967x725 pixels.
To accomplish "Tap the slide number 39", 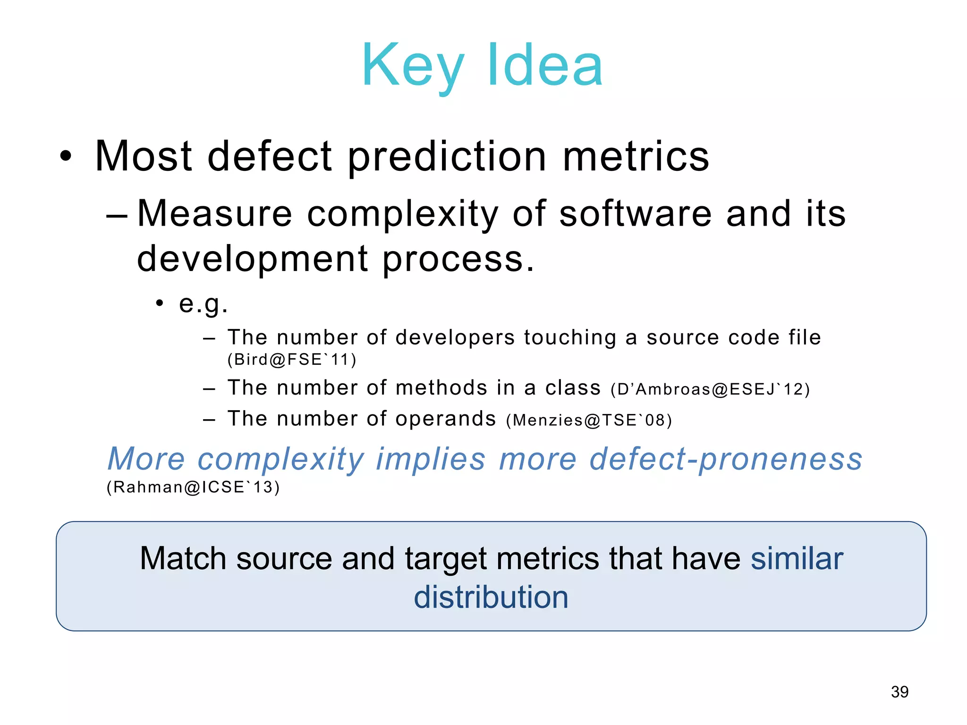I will click(x=899, y=692).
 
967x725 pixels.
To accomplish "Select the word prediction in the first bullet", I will click(x=447, y=157).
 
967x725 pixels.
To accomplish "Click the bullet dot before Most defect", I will click(x=66, y=157).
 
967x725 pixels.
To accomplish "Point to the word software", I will click(x=635, y=214).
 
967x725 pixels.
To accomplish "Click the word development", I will click(x=252, y=259).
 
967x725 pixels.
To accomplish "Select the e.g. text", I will click(x=203, y=303).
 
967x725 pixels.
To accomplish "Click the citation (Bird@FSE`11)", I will click(x=292, y=360).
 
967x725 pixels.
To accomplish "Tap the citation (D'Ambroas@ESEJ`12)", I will click(x=710, y=389).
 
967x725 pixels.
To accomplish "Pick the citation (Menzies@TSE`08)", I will click(x=588, y=420).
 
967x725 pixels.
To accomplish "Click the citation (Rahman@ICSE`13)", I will click(x=193, y=487).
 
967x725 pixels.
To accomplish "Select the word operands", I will click(x=445, y=419).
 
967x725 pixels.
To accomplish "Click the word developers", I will click(x=455, y=337).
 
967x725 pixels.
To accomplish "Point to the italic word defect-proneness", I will click(x=726, y=459).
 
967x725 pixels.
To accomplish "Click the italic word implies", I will click(x=430, y=459).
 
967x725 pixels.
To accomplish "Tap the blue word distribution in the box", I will click(x=491, y=597).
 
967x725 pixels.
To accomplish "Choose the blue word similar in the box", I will click(x=797, y=559).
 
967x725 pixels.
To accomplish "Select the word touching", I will click(x=570, y=337).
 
